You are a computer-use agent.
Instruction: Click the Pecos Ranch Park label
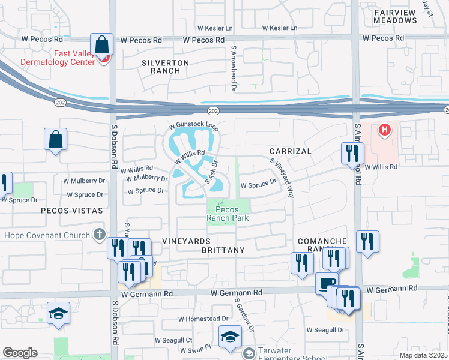coord(228,214)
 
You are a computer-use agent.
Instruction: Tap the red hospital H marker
coord(385,129)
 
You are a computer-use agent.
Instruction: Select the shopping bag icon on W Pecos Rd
coord(101,44)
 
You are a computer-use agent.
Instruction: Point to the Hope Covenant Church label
coord(46,235)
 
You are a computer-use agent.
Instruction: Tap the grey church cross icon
coord(100,235)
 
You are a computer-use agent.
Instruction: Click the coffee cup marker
coord(327,283)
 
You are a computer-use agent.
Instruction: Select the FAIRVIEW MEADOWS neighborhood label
coord(395,16)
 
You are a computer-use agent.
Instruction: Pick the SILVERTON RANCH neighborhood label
coord(165,67)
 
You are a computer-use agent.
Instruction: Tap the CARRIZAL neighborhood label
coord(290,151)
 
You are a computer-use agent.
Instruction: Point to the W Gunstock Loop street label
coord(194,127)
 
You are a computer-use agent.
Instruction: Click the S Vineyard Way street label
coord(282,178)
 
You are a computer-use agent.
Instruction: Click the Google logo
coord(20,353)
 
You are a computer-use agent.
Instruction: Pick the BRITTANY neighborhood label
coord(223,250)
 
